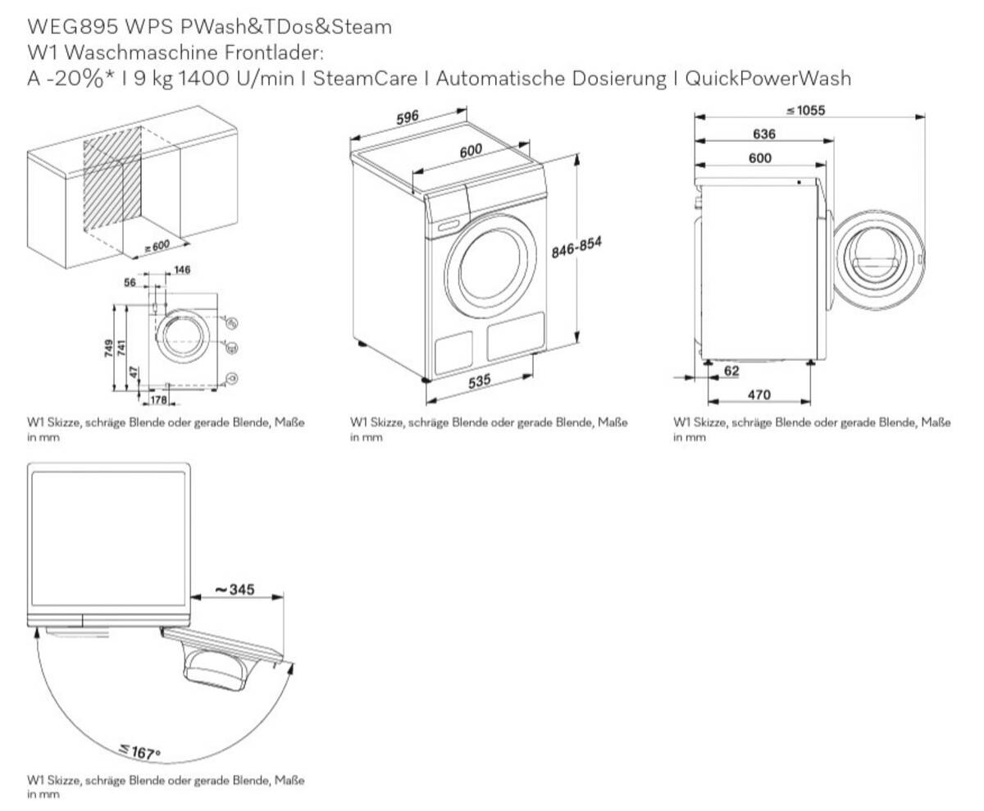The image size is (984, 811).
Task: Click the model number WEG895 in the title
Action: point(72,27)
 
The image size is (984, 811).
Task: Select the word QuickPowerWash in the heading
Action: point(768,78)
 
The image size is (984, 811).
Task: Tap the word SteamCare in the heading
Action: point(365,78)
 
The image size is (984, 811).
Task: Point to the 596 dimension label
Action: point(408,117)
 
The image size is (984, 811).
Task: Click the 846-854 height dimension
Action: point(576,248)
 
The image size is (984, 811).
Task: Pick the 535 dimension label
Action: point(479,380)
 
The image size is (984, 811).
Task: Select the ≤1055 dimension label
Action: point(806,110)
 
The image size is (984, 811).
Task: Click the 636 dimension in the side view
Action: point(764,134)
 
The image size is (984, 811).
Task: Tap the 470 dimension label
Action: point(758,394)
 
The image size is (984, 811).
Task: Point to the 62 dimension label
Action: point(731,371)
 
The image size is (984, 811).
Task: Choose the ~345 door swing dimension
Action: point(235,589)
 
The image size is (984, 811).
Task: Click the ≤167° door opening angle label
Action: point(140,750)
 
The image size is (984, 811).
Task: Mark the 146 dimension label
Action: point(182,270)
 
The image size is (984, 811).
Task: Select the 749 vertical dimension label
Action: point(109,348)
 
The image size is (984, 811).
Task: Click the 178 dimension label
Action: point(158,400)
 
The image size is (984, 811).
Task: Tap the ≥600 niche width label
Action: point(157,246)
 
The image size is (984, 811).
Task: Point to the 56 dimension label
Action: point(130,282)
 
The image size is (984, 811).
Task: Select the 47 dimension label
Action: point(134,373)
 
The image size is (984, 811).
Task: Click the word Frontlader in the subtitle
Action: point(274,52)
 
